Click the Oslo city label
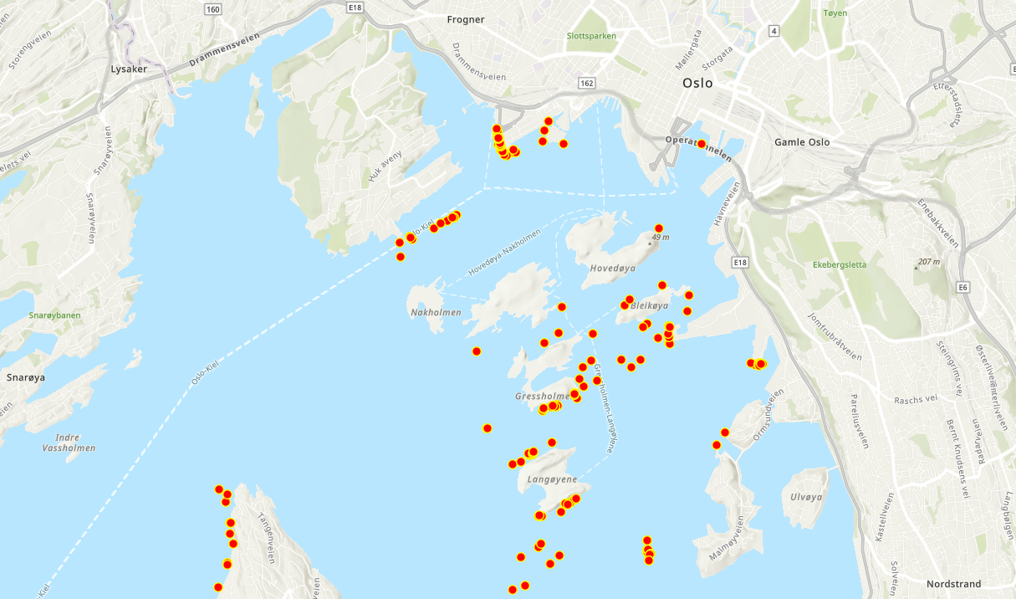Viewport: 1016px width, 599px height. pyautogui.click(x=697, y=83)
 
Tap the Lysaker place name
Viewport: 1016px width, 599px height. pyautogui.click(x=129, y=69)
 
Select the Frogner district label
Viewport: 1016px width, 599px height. pyautogui.click(x=466, y=19)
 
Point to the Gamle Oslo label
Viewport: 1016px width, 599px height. pyautogui.click(x=802, y=142)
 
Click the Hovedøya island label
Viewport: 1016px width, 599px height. pyautogui.click(x=613, y=269)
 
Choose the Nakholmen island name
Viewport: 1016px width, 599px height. pyautogui.click(x=436, y=313)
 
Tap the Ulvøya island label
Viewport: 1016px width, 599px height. pyautogui.click(x=806, y=497)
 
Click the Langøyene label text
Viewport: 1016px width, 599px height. pyautogui.click(x=553, y=480)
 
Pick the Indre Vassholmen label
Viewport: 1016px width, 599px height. pyautogui.click(x=69, y=443)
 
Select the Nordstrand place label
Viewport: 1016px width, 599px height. pyautogui.click(x=953, y=584)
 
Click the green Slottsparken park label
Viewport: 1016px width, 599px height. pyautogui.click(x=591, y=36)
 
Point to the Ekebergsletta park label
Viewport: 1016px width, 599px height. pyautogui.click(x=840, y=265)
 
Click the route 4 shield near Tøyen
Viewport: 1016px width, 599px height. pyautogui.click(x=774, y=31)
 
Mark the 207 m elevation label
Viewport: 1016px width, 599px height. pyautogui.click(x=928, y=263)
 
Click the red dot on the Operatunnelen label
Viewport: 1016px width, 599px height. pyautogui.click(x=701, y=144)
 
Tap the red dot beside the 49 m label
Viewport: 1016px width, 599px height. pyautogui.click(x=659, y=228)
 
